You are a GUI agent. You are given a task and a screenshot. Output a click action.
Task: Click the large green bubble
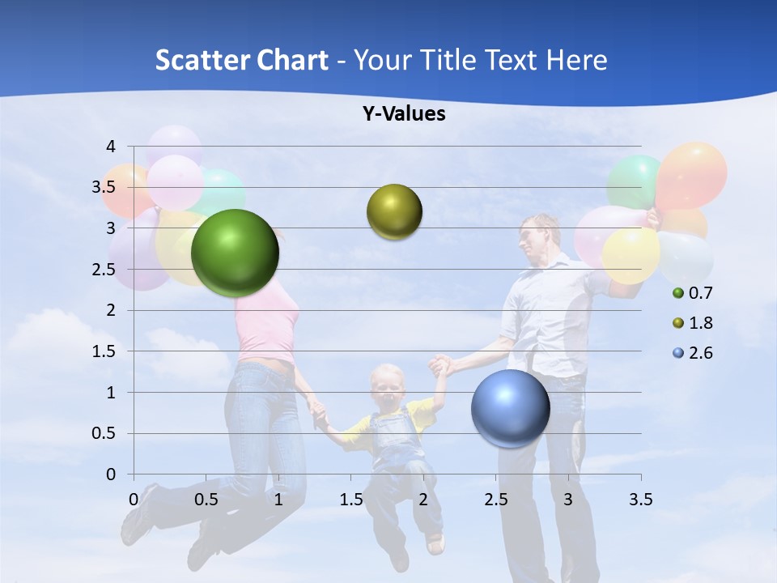pos(235,253)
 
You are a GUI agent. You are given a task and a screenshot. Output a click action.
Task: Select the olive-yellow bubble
pos(394,212)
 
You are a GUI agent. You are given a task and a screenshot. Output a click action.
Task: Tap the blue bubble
pos(510,408)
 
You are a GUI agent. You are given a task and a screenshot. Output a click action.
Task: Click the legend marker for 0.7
pos(678,293)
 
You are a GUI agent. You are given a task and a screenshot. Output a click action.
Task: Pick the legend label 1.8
pos(700,323)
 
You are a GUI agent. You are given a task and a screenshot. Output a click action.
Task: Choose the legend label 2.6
pos(700,353)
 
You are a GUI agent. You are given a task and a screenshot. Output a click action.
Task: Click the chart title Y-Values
pos(404,114)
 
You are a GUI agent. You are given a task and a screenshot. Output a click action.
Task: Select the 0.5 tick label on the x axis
pos(206,499)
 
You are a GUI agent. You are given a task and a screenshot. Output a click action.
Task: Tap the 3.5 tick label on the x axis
pos(640,499)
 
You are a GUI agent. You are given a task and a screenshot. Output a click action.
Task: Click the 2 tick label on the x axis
pos(423,499)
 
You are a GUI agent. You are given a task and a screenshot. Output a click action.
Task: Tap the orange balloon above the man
pos(691,174)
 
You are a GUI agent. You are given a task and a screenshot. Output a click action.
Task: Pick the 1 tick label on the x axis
pos(278,499)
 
